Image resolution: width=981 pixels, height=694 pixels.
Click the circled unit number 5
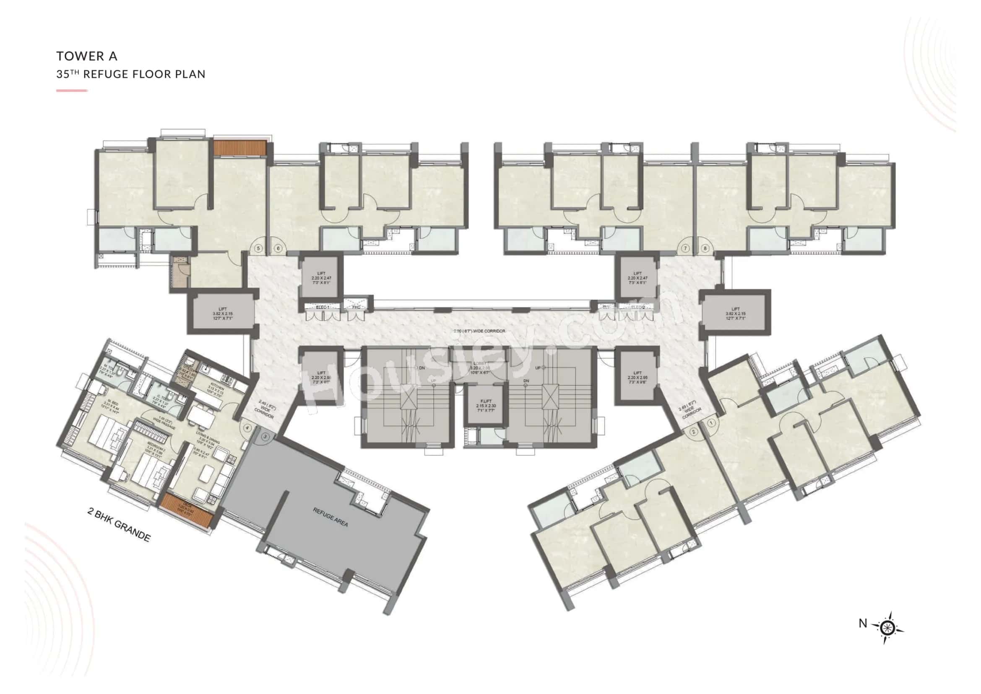click(x=258, y=248)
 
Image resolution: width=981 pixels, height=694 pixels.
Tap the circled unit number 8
click(x=705, y=248)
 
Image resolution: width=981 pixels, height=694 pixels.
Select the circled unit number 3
click(x=265, y=437)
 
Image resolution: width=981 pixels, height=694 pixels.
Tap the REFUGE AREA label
click(x=330, y=517)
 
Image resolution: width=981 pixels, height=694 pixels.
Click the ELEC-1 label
click(x=322, y=307)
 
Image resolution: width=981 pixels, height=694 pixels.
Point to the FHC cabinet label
click(x=356, y=307)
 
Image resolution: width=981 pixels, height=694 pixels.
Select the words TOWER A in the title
click(x=87, y=56)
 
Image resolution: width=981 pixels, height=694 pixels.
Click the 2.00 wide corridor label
click(x=479, y=331)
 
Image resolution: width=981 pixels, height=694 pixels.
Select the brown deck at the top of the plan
click(x=240, y=147)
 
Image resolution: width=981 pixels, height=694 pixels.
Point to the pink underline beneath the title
click(x=72, y=91)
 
